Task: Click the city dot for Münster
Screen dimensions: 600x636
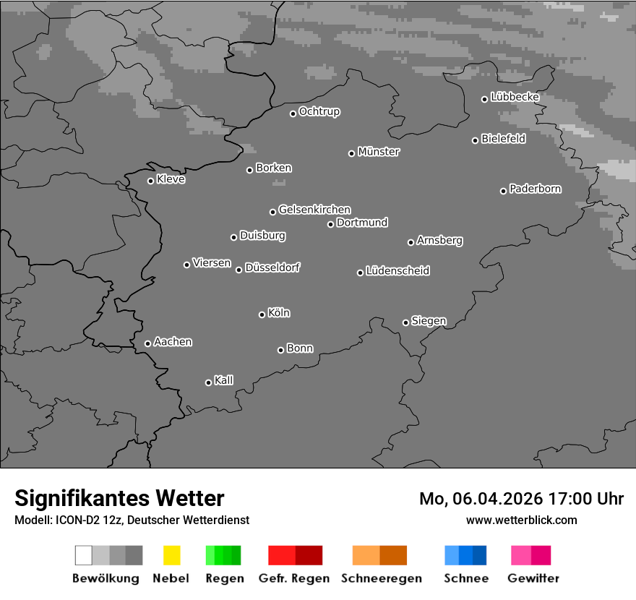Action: [351, 153]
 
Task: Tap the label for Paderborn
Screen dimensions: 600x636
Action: [535, 189]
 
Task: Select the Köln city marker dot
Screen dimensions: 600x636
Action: [262, 314]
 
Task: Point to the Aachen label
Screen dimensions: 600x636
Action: [173, 342]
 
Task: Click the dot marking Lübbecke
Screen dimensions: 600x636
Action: [485, 99]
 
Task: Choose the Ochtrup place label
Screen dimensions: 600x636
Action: [319, 112]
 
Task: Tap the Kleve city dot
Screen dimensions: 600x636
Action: [150, 181]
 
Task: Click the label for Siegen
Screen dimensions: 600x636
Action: [429, 321]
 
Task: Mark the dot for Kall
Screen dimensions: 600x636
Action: [208, 382]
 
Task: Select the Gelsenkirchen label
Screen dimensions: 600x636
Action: [314, 210]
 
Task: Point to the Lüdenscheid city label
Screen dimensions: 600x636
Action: [397, 271]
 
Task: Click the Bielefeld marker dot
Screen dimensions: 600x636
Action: [476, 140]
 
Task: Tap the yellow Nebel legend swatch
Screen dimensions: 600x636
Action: [171, 555]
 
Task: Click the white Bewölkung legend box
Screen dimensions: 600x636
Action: [84, 555]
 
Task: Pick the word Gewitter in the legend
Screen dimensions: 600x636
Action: [533, 578]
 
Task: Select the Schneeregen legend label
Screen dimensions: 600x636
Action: [382, 578]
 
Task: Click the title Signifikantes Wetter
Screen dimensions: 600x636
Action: [119, 498]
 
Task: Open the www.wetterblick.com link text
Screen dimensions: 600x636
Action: [521, 520]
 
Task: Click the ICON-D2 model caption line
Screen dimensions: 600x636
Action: [132, 520]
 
